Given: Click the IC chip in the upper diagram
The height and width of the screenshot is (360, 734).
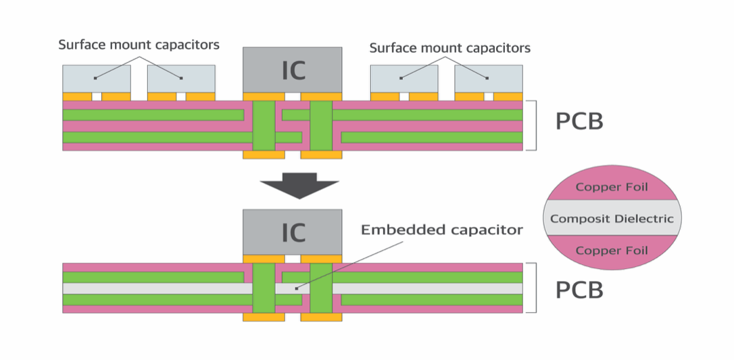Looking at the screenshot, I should point(292,69).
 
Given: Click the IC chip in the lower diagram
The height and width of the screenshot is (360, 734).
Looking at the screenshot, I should point(292,232).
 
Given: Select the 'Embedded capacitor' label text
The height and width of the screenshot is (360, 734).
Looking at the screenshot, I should point(441,230).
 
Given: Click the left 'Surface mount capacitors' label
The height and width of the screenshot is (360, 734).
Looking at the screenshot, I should point(139,45).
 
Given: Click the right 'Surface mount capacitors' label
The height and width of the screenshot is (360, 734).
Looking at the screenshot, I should point(449,48).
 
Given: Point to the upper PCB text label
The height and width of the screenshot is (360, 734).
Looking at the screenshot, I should point(579,122).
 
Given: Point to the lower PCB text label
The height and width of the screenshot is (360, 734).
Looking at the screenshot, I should point(579,290).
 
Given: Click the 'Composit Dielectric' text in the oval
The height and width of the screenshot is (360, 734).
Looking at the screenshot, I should point(612,218).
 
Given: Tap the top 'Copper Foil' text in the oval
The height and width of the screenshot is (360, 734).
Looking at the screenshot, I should point(612,187).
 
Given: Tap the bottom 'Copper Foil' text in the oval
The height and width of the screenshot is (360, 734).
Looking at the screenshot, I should point(612,251).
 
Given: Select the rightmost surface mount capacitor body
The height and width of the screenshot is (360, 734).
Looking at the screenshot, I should point(488,78).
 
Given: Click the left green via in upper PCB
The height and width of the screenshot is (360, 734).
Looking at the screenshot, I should point(264,126).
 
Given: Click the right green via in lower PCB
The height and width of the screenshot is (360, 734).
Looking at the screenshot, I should point(321,288).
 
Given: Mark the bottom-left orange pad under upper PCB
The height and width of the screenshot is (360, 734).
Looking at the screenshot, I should point(264,155).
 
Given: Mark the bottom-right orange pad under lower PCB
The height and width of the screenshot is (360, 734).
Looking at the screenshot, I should point(321,317).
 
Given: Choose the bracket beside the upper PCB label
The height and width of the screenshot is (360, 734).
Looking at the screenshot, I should point(535,125).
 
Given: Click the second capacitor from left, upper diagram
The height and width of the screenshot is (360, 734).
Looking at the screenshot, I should point(181,78).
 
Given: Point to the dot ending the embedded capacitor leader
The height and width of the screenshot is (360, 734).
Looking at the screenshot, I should point(296,288).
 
